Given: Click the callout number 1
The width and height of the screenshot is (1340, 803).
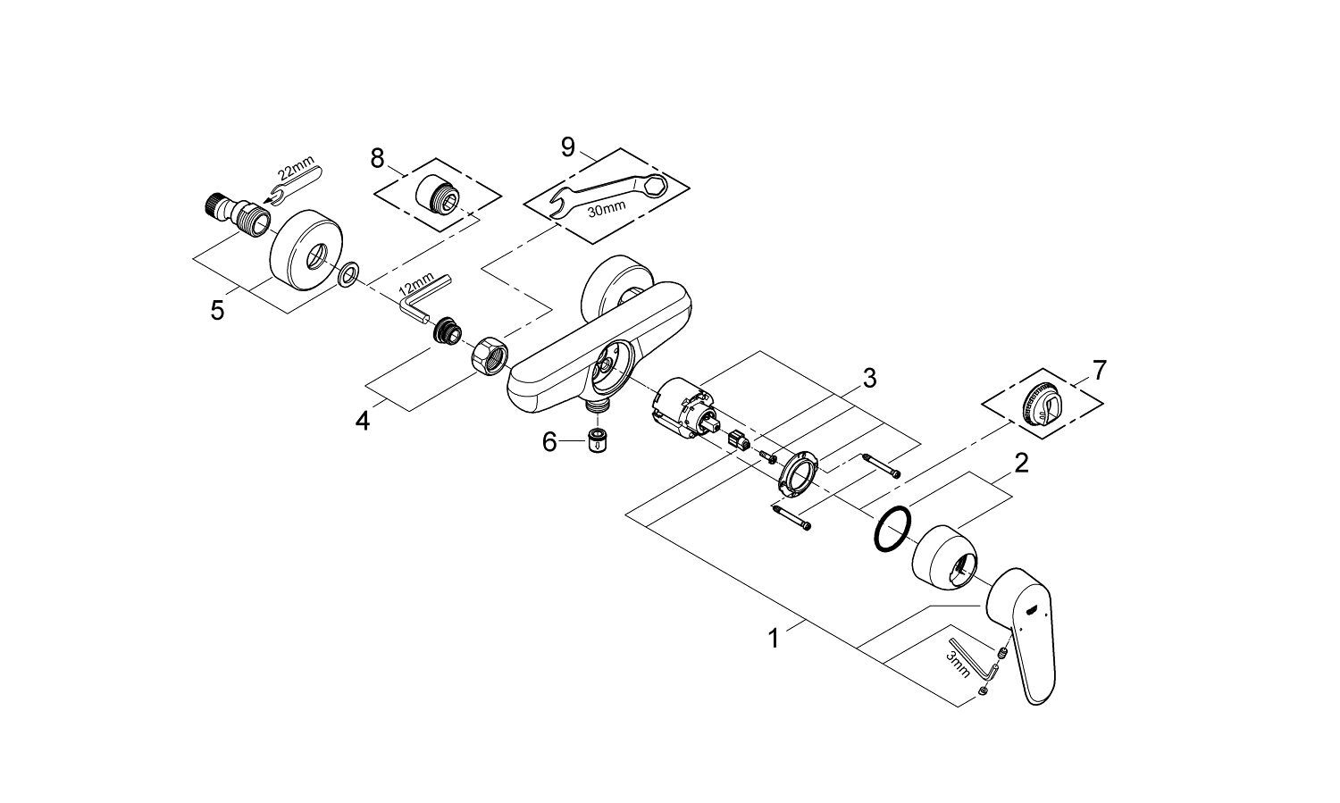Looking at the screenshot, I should tap(775, 639).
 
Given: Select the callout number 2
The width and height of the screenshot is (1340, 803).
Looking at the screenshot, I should tap(1020, 464).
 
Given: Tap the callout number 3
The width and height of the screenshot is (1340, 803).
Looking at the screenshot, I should tap(868, 379).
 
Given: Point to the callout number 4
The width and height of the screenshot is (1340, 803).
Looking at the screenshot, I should tap(362, 419).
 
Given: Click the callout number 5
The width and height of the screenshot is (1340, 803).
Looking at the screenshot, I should tap(217, 311).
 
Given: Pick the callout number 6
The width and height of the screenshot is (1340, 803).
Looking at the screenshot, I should tap(549, 441).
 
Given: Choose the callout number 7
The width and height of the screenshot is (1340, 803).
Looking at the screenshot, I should tap(1099, 369).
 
